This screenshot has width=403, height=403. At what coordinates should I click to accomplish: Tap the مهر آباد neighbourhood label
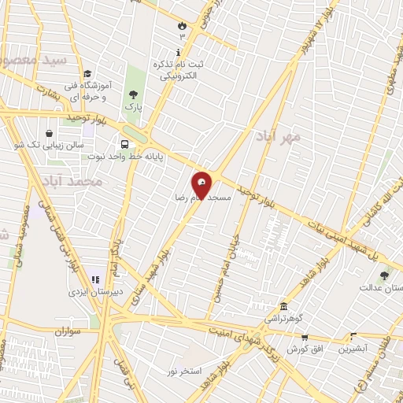click(x=278, y=136)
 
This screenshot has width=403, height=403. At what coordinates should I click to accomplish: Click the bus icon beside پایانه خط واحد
click(x=125, y=144)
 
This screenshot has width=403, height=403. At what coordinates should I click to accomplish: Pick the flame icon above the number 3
click(x=183, y=24)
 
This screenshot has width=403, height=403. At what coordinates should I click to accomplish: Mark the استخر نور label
click(x=185, y=370)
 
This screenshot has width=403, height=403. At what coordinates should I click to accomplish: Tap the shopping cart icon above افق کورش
click(x=305, y=337)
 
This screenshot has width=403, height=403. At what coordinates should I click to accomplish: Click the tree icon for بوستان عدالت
click(x=384, y=275)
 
